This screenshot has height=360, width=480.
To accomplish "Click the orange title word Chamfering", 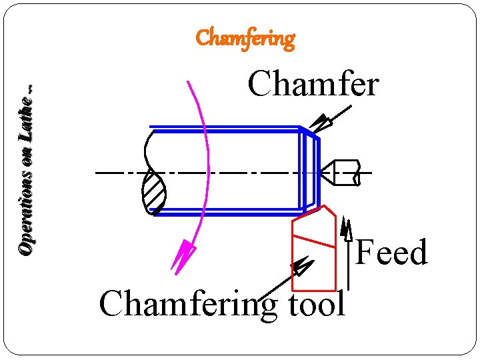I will click(x=245, y=39).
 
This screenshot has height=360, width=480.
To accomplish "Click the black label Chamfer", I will click(x=313, y=85).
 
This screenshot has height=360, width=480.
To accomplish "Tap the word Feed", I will click(x=391, y=253).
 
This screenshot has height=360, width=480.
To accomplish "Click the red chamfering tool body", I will click(x=313, y=267).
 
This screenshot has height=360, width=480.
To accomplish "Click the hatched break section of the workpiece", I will click(x=155, y=193).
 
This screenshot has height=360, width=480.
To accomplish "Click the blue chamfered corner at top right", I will click(x=310, y=131).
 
